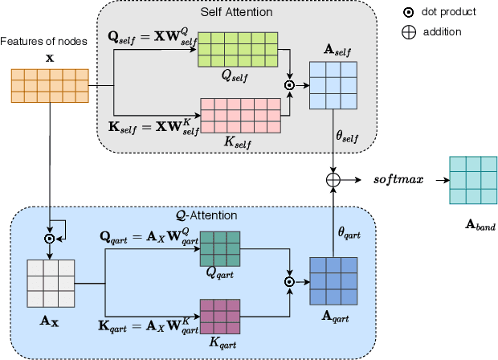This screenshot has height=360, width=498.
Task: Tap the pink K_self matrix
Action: pos(239,114)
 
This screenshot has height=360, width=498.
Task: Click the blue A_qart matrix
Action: pos(333,281)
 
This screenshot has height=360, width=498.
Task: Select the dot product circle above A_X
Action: pos(50,238)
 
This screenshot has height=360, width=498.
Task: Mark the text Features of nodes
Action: pos(39,41)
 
